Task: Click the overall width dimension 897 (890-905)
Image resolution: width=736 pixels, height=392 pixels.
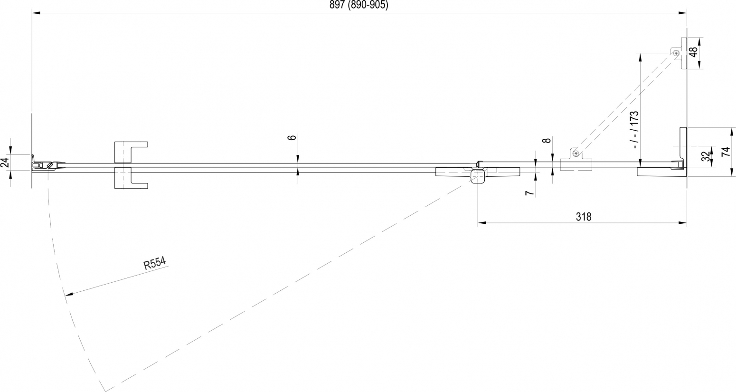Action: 359,5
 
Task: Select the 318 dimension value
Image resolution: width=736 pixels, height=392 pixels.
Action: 584,217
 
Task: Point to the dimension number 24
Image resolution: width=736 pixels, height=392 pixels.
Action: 5,163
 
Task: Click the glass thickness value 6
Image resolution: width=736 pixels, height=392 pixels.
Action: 292,137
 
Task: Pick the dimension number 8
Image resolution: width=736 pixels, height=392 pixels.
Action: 546,140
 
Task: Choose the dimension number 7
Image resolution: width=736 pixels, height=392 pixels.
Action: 529,193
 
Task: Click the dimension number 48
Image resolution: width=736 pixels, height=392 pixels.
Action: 693,52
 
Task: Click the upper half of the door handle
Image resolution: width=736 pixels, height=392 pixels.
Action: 131,152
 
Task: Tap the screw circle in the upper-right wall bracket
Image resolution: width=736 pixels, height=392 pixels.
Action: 676,53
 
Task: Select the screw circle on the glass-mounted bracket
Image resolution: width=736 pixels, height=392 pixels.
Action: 576,153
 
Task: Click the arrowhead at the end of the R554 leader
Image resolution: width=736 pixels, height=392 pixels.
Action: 67,294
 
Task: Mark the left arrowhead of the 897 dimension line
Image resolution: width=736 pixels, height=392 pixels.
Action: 36,13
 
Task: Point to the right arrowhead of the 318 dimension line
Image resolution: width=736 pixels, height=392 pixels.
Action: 683,223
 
